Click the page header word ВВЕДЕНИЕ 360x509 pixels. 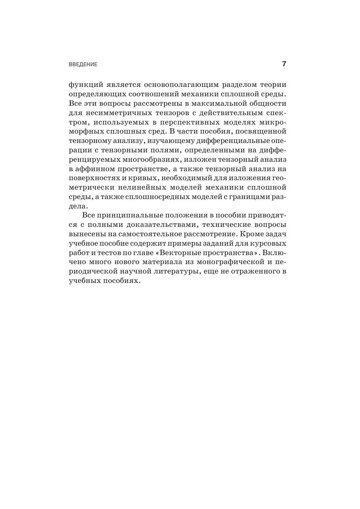[83, 64]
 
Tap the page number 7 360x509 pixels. [284, 64]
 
